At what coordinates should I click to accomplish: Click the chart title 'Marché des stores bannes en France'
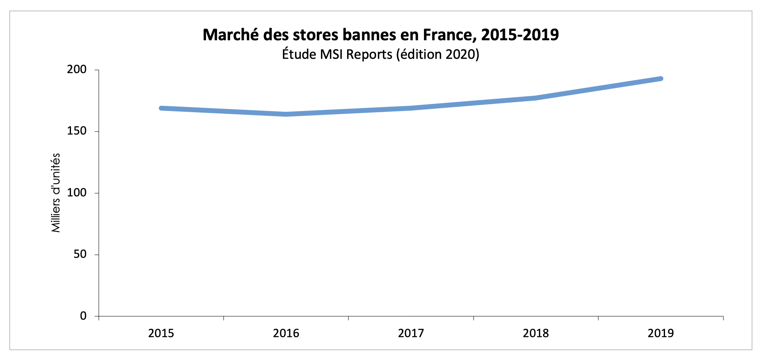tap(380, 35)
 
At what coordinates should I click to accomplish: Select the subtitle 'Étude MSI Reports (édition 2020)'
tap(380, 54)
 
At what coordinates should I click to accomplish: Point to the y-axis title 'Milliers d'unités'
tap(56, 193)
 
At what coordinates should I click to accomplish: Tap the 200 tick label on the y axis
tap(76, 70)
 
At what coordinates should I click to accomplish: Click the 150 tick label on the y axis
tap(76, 131)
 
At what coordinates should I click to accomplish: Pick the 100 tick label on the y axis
tap(76, 193)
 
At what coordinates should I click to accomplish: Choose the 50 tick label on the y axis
tap(80, 255)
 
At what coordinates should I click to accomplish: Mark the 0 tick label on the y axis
tap(83, 316)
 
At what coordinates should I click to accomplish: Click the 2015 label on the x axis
tap(161, 333)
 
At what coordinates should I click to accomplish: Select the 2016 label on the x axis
tap(286, 333)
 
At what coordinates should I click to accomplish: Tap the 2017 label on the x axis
tap(411, 333)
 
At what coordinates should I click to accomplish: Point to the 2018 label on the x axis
tap(536, 333)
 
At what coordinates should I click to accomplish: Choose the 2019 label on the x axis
tap(661, 333)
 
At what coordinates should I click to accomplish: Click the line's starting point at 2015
tap(161, 108)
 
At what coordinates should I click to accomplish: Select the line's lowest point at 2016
tap(286, 114)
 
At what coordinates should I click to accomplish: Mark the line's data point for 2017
tap(411, 108)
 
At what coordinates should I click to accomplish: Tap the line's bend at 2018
tap(536, 98)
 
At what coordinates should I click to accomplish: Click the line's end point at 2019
tap(661, 79)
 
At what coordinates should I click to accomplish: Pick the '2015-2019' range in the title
tap(520, 35)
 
